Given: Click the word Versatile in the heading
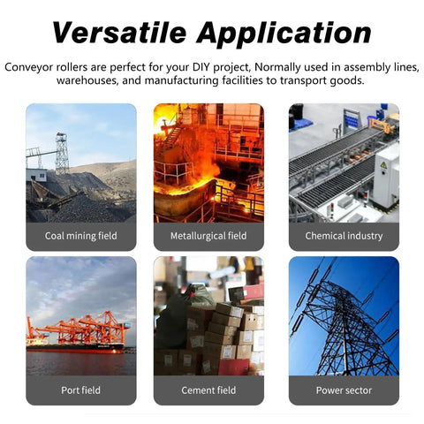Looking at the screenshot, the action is [119, 33].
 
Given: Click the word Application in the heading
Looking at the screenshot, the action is [284, 34].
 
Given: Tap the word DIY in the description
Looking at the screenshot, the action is [201, 67].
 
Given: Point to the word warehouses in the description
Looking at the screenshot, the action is [87, 80].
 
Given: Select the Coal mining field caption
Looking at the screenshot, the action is [81, 236].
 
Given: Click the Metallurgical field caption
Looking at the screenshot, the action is [208, 236].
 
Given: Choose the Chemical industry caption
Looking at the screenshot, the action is [344, 236].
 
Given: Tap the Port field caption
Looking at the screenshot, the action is [81, 390].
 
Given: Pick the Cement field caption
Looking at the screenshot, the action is [208, 390].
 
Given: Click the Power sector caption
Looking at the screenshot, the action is [344, 390].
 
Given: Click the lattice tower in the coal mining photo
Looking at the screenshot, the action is [62, 153].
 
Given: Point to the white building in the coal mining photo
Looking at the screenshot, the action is [36, 175].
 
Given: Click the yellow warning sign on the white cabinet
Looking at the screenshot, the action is [383, 165].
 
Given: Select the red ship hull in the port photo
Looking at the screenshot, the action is [75, 348].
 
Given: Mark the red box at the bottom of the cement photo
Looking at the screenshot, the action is [233, 367].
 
